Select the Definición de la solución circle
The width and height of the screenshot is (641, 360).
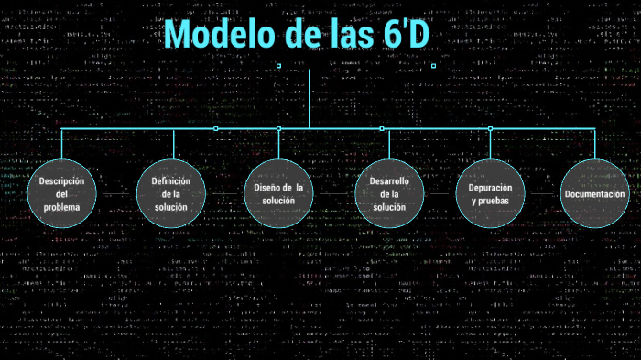[x=171, y=193]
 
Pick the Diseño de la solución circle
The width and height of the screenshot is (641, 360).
[x=278, y=193]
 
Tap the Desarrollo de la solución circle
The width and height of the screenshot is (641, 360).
[x=389, y=193]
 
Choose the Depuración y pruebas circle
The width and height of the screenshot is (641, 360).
[x=490, y=193]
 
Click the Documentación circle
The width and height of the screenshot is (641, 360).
[x=594, y=193]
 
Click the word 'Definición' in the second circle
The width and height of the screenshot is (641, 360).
[x=171, y=180]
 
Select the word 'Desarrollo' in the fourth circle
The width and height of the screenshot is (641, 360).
[x=389, y=180]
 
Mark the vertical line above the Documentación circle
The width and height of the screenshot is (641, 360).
[x=594, y=144]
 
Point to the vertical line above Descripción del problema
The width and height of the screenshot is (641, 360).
[x=62, y=144]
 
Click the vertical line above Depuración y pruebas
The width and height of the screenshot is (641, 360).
[x=490, y=144]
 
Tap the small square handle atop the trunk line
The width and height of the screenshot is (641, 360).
[x=278, y=66]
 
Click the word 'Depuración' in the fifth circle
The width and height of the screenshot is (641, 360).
[x=490, y=187]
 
